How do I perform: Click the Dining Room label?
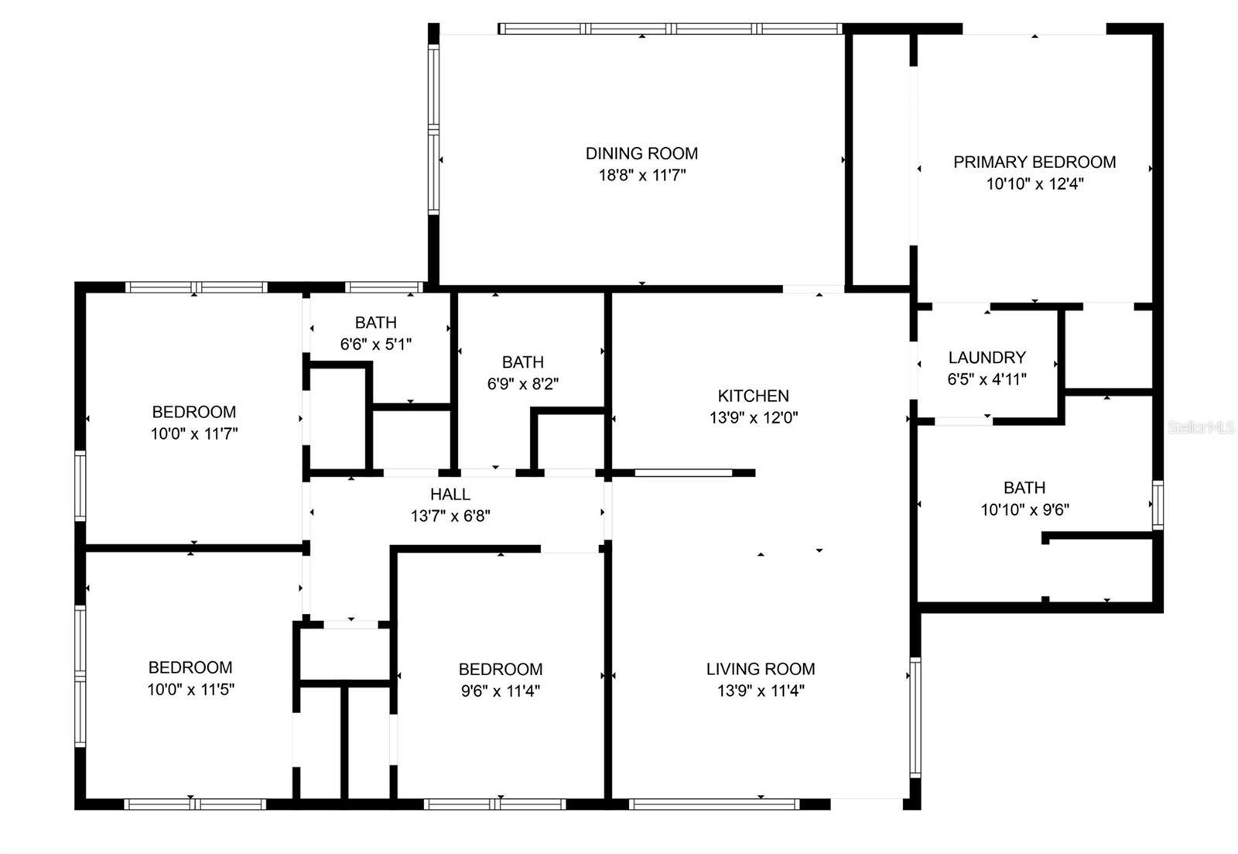(641, 153)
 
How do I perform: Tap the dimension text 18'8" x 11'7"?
(642, 175)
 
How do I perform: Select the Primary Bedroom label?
(1035, 162)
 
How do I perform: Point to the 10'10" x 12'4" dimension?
(1035, 183)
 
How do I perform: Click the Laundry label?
(987, 357)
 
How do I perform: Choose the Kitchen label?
(754, 396)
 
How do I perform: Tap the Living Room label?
(761, 669)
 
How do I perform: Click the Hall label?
(450, 494)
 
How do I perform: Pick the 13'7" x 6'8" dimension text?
(450, 516)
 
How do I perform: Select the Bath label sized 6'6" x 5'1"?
(376, 322)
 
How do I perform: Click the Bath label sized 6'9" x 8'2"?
(523, 362)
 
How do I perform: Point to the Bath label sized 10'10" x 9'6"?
(1024, 487)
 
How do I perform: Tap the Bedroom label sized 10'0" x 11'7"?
(194, 411)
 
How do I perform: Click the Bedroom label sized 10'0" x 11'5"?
(190, 667)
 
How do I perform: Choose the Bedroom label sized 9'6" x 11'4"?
(501, 669)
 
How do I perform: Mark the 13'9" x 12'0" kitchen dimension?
(754, 417)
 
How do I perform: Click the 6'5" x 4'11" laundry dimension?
(987, 379)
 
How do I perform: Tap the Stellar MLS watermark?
(1200, 427)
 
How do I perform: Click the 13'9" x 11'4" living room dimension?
(761, 691)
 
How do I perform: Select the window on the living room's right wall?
(915, 718)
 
